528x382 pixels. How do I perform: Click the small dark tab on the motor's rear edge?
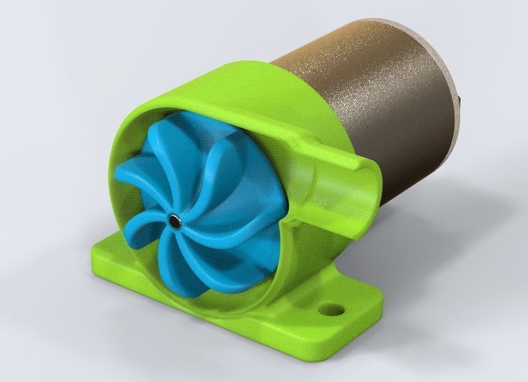point(460,99)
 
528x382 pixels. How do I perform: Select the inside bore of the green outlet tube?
point(343,194)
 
